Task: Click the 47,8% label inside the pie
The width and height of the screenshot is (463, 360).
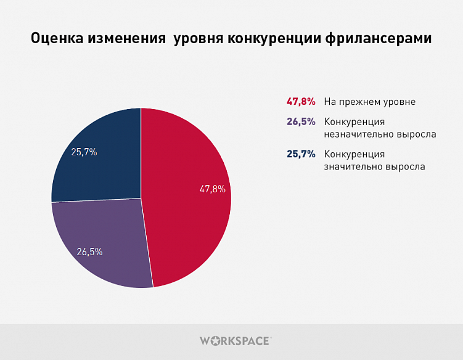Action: click(212, 189)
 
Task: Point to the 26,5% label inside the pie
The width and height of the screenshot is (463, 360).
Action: click(89, 252)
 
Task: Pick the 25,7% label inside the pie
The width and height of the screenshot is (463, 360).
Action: click(84, 152)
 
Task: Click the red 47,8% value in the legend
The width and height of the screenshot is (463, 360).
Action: click(301, 102)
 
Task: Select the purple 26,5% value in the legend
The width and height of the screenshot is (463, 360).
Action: click(301, 121)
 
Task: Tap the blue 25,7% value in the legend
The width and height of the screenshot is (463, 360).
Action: click(301, 154)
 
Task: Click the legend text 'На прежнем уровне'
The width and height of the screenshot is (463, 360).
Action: click(370, 102)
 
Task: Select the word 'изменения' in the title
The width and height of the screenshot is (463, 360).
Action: click(126, 39)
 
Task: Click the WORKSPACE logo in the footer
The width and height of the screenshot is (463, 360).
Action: click(235, 340)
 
